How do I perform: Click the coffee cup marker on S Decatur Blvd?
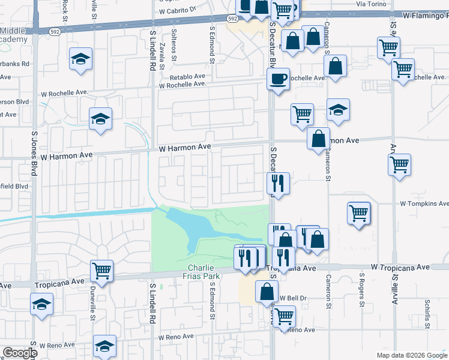tap(279, 79)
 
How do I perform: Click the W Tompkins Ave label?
tap(424, 204)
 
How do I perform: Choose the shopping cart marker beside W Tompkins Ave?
tap(358, 213)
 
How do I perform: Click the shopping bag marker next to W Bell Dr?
tap(267, 292)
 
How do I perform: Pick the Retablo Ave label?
tap(187, 77)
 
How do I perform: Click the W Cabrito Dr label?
tap(178, 10)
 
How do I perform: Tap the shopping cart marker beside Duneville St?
tap(102, 271)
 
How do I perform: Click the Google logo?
tap(20, 353)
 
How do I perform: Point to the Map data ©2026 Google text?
tap(412, 355)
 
